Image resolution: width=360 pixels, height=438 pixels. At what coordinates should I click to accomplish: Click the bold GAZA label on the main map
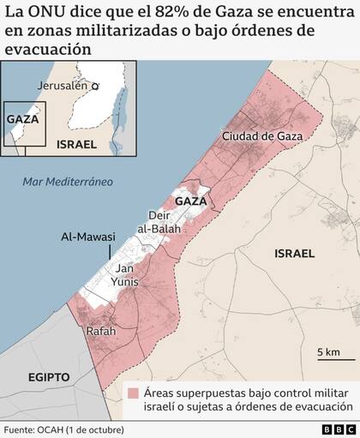point(192,201)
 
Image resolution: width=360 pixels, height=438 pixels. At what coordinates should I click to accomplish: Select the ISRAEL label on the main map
point(294,254)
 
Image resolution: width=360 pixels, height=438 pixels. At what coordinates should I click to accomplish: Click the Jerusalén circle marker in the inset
point(97,86)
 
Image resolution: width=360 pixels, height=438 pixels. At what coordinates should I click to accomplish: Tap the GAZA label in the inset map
point(22,119)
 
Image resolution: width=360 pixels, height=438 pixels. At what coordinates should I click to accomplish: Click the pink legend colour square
point(135,393)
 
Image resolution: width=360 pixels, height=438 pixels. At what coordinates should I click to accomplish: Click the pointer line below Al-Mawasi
point(111,251)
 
